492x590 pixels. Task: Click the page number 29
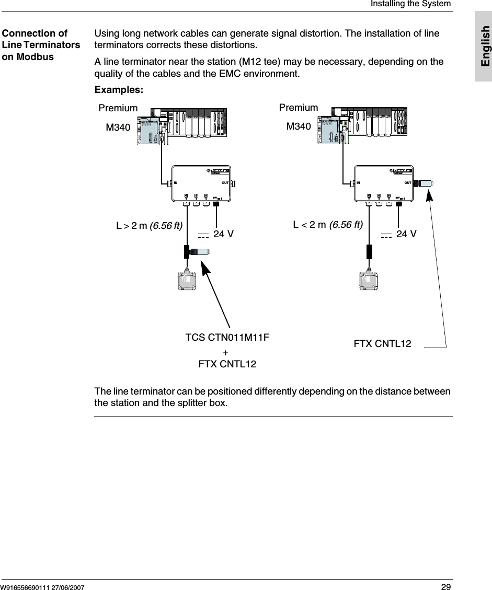(445, 586)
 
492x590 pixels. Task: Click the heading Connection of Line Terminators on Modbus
(41, 45)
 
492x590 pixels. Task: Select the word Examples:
(119, 89)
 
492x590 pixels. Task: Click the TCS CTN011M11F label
(227, 338)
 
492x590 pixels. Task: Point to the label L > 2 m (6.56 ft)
(149, 226)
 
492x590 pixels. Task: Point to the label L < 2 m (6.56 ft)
(328, 225)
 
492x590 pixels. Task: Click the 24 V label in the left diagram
(223, 234)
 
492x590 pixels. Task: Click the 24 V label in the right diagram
(406, 234)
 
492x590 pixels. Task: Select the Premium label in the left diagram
(118, 108)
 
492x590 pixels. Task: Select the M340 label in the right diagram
(298, 126)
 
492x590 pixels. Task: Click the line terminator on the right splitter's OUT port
(425, 183)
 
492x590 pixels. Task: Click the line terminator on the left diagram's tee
(201, 252)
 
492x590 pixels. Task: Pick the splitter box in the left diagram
(202, 183)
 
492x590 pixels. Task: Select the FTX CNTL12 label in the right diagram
(383, 344)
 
